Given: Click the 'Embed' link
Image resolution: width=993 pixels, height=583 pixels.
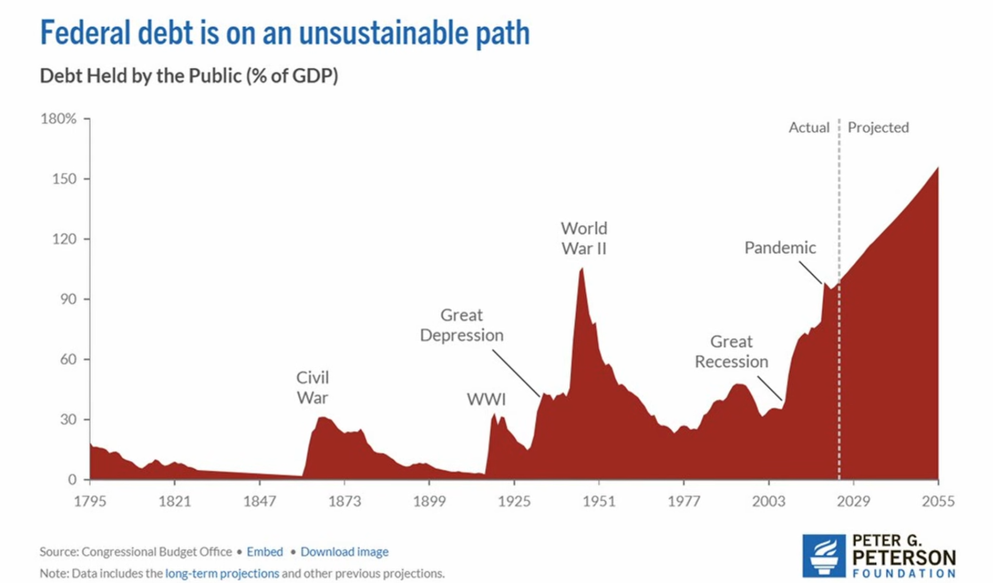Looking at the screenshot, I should (x=265, y=552).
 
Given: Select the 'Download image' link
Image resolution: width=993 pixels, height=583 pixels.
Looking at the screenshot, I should (x=344, y=552).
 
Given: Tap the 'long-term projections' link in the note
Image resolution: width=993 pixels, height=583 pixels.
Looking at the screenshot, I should (x=222, y=573).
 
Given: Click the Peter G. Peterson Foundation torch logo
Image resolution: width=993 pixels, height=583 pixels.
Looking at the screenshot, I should (x=824, y=556).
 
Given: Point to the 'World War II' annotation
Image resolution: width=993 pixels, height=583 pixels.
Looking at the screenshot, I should (x=584, y=238).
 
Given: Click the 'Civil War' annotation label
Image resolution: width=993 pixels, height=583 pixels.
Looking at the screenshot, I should (x=313, y=387).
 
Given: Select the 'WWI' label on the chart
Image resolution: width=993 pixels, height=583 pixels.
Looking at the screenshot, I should (x=486, y=399).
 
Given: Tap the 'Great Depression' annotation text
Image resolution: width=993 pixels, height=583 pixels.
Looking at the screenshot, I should (x=462, y=325).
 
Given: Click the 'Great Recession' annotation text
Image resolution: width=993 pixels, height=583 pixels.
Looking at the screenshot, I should (x=731, y=351).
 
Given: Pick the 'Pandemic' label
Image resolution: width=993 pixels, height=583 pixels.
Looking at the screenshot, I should (x=780, y=248).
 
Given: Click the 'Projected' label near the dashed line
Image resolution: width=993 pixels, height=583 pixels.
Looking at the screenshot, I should (x=878, y=128).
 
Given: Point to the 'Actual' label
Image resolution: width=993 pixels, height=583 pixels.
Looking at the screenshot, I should (x=809, y=128).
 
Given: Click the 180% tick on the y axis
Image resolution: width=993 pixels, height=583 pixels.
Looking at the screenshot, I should (x=59, y=119).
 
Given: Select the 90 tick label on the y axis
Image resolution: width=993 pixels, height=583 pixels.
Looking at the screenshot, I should (x=68, y=299).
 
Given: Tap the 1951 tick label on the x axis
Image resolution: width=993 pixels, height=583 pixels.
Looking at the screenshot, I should (x=599, y=501).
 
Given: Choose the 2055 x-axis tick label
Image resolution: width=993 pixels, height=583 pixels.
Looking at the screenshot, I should (x=938, y=501).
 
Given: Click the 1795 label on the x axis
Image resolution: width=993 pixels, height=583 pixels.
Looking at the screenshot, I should (x=90, y=501).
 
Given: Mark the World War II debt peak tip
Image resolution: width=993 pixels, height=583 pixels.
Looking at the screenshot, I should (x=581, y=269).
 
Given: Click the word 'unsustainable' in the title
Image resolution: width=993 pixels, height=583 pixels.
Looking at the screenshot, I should (x=383, y=33).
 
